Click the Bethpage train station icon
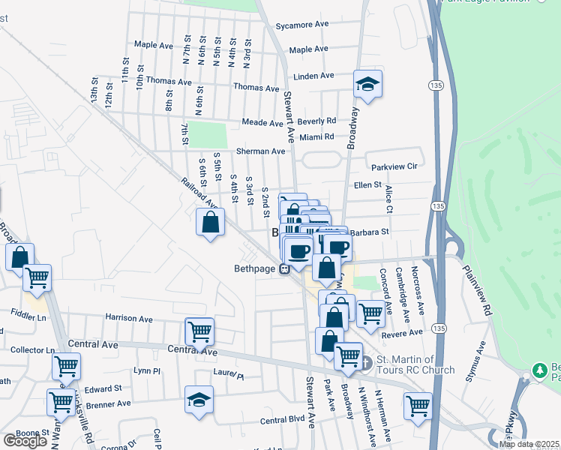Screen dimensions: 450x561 click(285, 269)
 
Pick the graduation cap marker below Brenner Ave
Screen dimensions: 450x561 click(199, 399)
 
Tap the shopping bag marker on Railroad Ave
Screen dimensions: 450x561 click(211, 221)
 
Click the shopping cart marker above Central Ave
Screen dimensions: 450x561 click(199, 331)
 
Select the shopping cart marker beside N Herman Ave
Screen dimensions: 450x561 click(418, 406)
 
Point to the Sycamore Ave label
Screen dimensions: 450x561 click(302, 25)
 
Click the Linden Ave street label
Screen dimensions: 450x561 click(313, 76)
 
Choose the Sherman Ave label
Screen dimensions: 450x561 click(260, 151)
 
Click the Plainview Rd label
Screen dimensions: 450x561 click(476, 289)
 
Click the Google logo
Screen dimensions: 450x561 click(25, 441)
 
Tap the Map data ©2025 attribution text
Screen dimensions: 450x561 click(529, 444)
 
